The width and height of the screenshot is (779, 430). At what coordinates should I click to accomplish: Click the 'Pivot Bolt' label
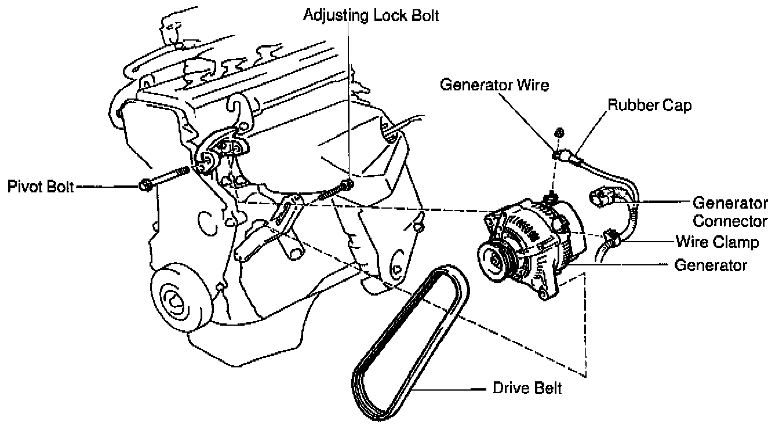40,187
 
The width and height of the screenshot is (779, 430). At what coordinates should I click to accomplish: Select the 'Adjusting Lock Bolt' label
371,15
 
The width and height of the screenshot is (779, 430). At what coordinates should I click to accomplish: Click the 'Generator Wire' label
494,85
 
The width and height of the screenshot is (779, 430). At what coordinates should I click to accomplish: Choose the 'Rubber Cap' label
649,106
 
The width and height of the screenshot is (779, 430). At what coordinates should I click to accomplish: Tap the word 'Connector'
730,221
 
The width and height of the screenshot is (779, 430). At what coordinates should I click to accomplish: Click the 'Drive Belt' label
527,388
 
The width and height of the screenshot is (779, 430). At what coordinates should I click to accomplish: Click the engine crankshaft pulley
174,302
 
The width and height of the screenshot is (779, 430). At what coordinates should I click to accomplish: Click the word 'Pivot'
26,187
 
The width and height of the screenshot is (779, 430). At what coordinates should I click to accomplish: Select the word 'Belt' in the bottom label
548,388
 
